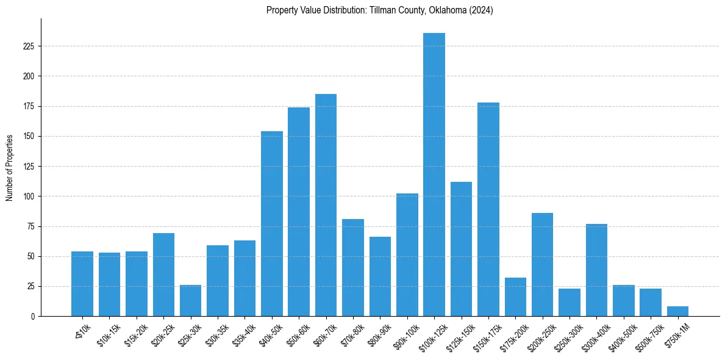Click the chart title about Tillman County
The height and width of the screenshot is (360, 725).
point(379,10)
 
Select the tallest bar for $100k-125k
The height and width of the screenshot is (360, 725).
point(434,175)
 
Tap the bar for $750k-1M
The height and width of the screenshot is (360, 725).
point(677,311)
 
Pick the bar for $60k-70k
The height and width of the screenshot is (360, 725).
point(326,205)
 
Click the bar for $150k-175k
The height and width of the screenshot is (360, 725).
point(488,209)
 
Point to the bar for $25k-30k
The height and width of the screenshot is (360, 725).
point(190,301)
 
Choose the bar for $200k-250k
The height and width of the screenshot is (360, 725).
point(542,265)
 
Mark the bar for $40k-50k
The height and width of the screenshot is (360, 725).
point(272,224)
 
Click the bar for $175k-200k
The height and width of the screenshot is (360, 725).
point(515,297)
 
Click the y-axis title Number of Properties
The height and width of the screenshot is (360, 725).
point(10,167)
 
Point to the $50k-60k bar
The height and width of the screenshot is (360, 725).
point(299,212)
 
